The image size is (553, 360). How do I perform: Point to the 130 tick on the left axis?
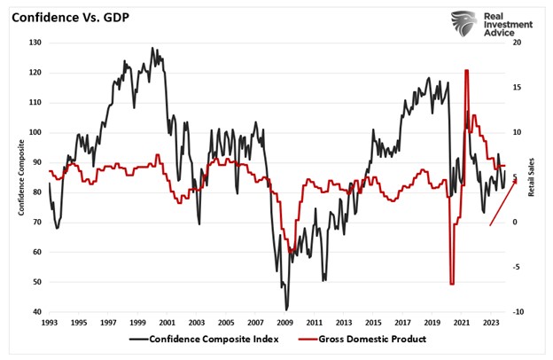point(35,43)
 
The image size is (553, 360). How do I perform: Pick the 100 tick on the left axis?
point(35,132)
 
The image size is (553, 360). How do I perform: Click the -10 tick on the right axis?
point(518,312)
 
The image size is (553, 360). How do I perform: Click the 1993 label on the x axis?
point(50,323)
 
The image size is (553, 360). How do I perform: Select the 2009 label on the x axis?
point(286,323)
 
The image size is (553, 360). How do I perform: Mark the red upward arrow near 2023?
point(502,207)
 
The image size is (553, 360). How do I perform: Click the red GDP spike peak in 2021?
point(466,71)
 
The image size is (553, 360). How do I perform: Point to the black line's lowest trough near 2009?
point(286,309)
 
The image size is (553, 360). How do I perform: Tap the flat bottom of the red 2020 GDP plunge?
point(452,284)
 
